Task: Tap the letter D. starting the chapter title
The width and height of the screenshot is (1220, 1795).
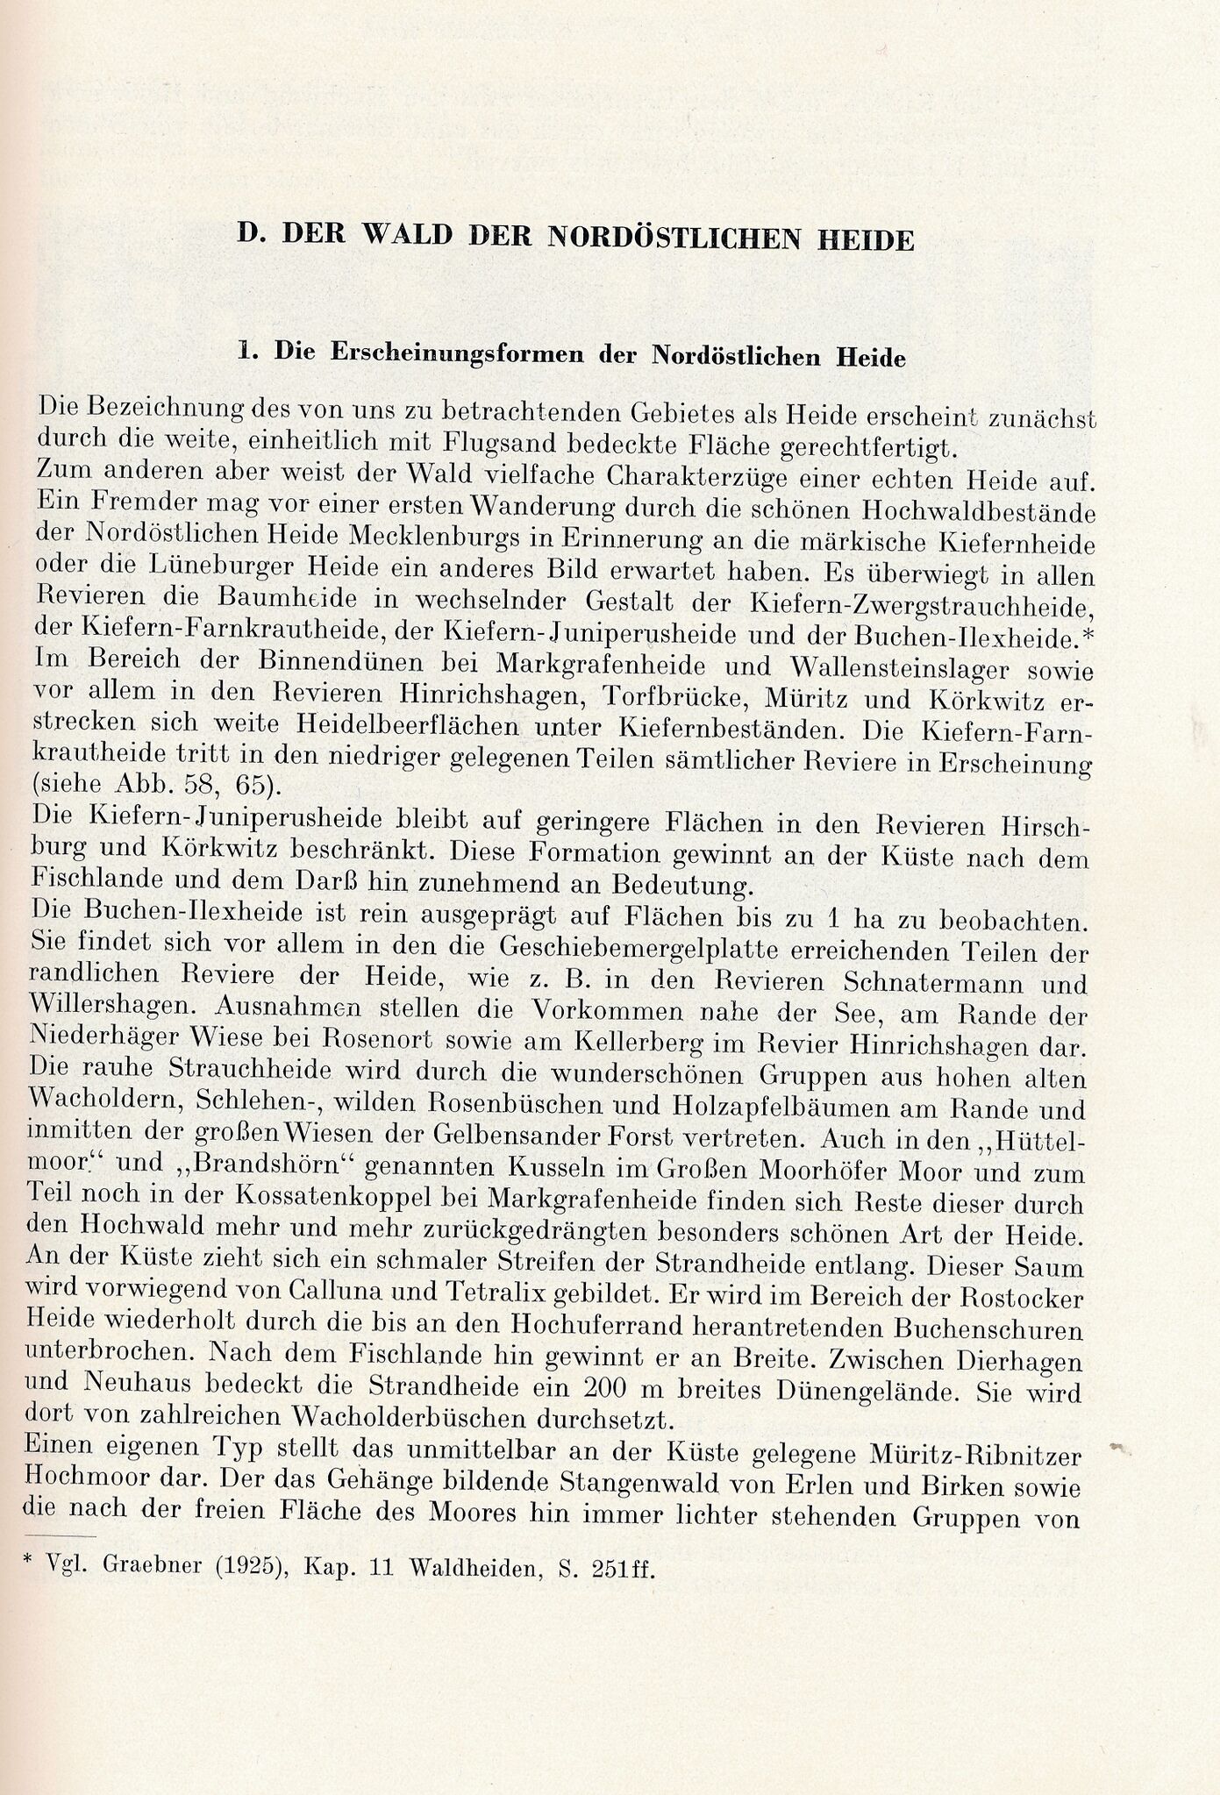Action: tap(253, 237)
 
